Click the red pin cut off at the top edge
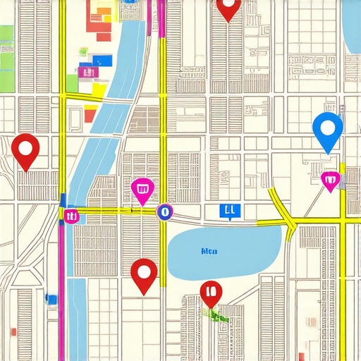point(228,8)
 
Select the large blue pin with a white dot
point(327,130)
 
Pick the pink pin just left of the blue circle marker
point(142,189)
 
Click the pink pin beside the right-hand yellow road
point(329,180)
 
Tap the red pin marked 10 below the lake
point(211,292)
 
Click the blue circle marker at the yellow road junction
point(164,211)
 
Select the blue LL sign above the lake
point(228,209)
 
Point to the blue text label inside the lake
point(209,250)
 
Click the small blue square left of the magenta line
point(51,300)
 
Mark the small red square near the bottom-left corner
point(13,331)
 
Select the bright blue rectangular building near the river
point(102,61)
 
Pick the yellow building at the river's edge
point(99,90)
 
